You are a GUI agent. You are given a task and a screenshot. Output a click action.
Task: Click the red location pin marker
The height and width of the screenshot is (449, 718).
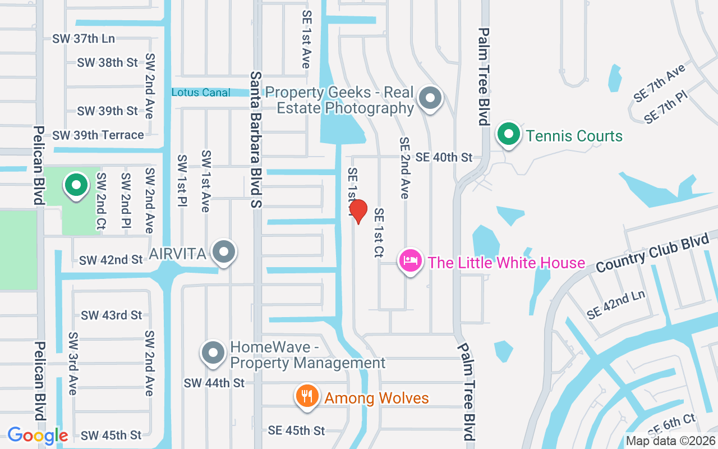click(x=358, y=211)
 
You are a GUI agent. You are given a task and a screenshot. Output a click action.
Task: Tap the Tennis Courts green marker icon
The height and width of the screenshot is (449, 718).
click(x=509, y=135)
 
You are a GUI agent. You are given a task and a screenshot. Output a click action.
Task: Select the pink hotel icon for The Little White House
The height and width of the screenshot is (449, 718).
click(x=410, y=261)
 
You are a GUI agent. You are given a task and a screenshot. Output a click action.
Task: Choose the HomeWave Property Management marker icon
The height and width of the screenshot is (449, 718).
click(x=213, y=353)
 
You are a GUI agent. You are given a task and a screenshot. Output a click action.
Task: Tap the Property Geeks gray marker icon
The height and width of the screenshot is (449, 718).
click(x=430, y=98)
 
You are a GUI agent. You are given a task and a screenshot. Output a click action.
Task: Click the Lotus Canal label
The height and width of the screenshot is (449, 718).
click(x=201, y=92)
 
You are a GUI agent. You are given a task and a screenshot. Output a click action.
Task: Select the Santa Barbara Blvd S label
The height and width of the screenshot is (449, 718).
click(x=256, y=140)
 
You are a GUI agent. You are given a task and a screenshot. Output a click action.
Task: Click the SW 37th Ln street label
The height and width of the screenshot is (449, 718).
click(x=84, y=39)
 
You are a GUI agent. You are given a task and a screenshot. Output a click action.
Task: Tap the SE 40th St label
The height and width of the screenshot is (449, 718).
click(x=444, y=157)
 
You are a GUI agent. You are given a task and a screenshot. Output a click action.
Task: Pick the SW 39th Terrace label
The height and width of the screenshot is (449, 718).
click(x=98, y=135)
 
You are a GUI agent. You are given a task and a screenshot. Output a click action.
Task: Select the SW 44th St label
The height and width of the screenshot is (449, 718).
click(x=214, y=383)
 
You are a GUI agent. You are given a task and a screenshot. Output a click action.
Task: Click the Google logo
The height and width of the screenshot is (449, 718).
click(x=38, y=436)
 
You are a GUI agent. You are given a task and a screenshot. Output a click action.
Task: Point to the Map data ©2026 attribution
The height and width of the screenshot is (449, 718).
click(x=670, y=441)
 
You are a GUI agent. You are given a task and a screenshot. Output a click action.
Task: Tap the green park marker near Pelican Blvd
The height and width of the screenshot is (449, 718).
click(x=76, y=185)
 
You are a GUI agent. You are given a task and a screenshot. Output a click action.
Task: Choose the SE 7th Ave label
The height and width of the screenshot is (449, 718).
click(x=660, y=83)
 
